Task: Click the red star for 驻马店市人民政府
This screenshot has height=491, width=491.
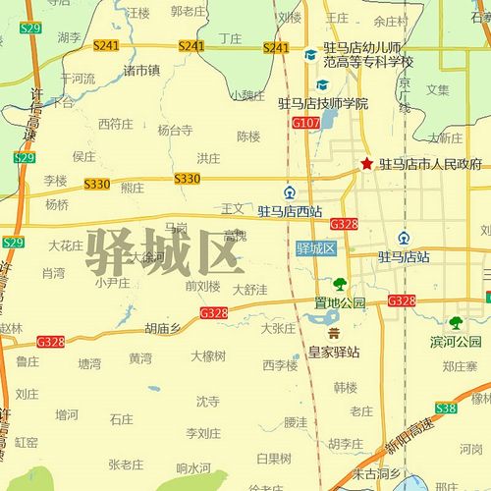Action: (x=366, y=163)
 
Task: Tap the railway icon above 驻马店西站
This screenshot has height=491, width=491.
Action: (x=290, y=192)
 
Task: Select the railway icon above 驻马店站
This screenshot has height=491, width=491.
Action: (x=405, y=238)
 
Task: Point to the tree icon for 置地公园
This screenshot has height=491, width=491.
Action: (x=340, y=285)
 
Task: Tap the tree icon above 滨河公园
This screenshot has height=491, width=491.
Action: (x=456, y=322)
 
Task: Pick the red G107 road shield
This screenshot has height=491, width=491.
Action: (x=305, y=123)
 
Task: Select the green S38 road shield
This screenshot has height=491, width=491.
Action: (x=447, y=407)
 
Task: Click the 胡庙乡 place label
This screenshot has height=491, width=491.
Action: (x=163, y=330)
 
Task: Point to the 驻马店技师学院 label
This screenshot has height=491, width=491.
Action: (x=323, y=103)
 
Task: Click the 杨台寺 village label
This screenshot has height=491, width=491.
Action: (x=175, y=129)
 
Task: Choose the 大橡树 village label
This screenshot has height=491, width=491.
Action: (x=208, y=355)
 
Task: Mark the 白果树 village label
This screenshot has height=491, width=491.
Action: (x=273, y=458)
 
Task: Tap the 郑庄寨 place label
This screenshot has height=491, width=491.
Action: (x=459, y=366)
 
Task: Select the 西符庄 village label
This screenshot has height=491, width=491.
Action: (x=115, y=124)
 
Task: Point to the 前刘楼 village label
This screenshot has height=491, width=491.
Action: (x=202, y=286)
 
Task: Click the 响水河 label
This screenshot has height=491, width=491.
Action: (x=193, y=467)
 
